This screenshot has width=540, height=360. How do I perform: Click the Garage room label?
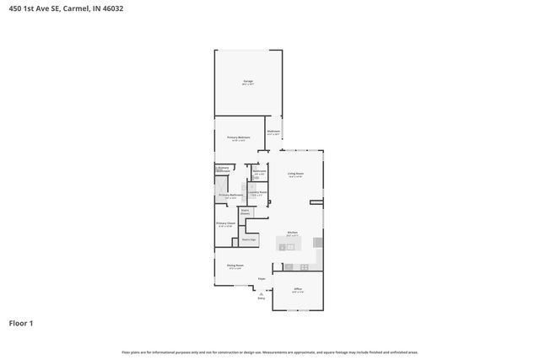click(x=248, y=82)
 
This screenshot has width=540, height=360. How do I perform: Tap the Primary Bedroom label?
click(x=239, y=138)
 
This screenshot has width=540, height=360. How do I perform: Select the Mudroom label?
click(x=273, y=132)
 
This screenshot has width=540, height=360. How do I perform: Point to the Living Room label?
click(x=294, y=175)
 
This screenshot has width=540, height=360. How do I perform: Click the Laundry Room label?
click(x=257, y=193)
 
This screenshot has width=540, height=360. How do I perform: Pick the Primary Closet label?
click(x=225, y=224)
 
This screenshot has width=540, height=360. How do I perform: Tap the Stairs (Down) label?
click(x=245, y=212)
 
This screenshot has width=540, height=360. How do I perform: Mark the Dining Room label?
click(x=235, y=267)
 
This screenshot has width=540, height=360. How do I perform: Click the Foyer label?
click(x=262, y=278)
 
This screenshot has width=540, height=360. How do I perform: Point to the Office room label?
click(x=297, y=291)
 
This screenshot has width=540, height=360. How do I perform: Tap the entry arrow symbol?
click(x=261, y=293)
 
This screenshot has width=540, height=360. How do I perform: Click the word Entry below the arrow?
click(x=261, y=298)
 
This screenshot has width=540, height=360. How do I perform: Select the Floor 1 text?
click(x=21, y=323)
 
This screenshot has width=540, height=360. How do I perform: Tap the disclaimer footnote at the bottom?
click(x=269, y=352)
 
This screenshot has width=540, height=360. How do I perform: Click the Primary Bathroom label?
click(x=230, y=196)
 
